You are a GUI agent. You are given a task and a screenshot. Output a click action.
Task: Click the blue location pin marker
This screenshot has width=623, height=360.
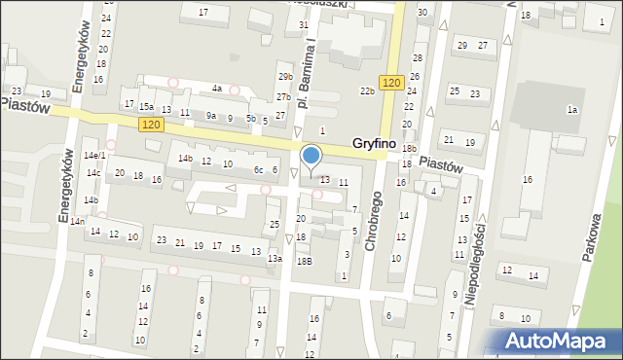tap(311, 157)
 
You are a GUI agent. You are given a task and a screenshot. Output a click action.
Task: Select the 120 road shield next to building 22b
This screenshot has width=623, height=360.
tap(392, 84)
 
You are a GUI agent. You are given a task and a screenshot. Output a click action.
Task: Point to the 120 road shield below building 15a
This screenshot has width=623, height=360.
tap(150, 125)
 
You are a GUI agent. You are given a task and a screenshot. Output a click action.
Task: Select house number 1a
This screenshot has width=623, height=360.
tap(573, 110)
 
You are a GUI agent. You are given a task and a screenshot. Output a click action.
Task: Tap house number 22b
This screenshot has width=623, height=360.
tap(367, 91)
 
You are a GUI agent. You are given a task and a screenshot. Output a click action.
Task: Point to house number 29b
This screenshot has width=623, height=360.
tap(284, 77)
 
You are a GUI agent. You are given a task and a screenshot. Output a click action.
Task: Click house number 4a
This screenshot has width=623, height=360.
tap(217, 89)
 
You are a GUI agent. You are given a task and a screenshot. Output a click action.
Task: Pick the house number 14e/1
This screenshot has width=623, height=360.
tap(94, 156)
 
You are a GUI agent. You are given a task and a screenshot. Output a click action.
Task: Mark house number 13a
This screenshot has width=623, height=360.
tap(275, 258)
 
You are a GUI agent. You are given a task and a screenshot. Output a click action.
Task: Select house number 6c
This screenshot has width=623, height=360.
tap(259, 170)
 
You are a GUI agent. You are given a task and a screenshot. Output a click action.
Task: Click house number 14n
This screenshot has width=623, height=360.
tap(77, 222)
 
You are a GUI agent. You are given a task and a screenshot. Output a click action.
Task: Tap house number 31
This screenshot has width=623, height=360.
tap(305, 24)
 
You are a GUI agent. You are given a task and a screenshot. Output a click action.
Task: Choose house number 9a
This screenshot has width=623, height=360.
tap(210, 116)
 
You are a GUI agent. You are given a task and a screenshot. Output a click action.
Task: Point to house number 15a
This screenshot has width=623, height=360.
tap(146, 107)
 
